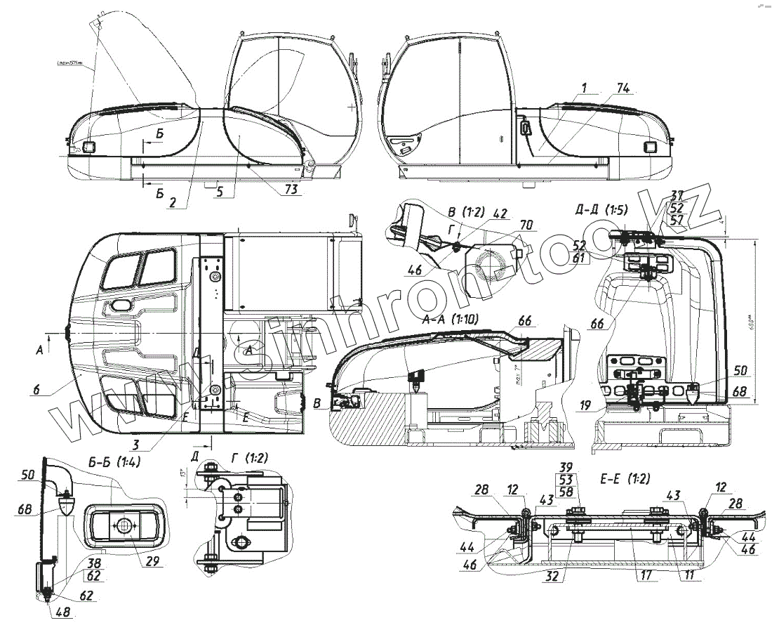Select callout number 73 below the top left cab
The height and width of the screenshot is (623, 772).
tap(291, 189)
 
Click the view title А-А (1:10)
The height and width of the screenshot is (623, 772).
tap(451, 319)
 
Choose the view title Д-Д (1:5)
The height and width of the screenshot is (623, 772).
tap(601, 209)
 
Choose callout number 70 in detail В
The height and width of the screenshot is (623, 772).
tap(526, 225)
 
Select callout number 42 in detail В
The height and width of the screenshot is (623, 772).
tap(500, 214)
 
